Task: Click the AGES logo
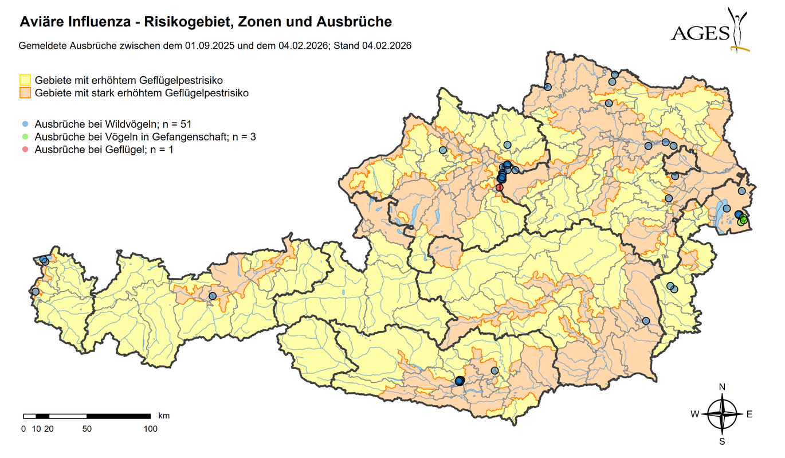[709, 31]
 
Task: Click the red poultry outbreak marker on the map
[499, 187]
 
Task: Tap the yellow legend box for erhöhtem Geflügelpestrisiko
[25, 80]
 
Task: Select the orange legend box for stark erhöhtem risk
[25, 93]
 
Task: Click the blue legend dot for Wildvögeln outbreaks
[25, 124]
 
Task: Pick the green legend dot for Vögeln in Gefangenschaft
[25, 137]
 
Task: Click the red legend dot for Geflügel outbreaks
[25, 150]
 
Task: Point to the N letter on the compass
[722, 387]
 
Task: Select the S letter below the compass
[722, 441]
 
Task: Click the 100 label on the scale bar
[150, 429]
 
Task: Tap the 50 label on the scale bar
[87, 429]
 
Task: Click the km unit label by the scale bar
[164, 416]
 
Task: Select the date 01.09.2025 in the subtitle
[210, 45]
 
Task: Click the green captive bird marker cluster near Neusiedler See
[743, 220]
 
